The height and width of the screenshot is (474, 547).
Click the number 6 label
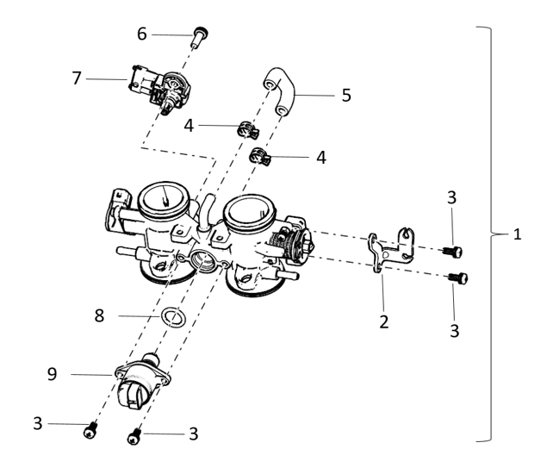pyautogui.click(x=142, y=34)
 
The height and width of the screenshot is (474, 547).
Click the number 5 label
pyautogui.click(x=345, y=95)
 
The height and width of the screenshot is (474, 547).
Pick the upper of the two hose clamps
pyautogui.click(x=244, y=131)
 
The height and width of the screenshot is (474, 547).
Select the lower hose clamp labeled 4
pyautogui.click(x=259, y=157)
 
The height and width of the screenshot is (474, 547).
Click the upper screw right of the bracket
pyautogui.click(x=453, y=251)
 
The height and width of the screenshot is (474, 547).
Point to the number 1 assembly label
pyautogui.click(x=517, y=234)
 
